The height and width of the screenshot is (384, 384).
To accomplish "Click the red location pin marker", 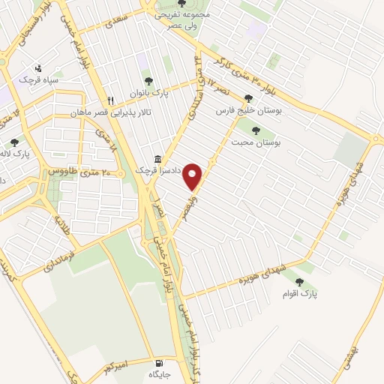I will (193, 175).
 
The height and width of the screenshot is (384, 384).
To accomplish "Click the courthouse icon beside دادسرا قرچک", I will (157, 159).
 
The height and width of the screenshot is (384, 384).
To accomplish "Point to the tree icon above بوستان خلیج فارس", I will (248, 97).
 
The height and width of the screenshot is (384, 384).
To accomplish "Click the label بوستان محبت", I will (256, 142).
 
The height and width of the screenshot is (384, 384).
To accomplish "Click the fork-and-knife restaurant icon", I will (110, 100).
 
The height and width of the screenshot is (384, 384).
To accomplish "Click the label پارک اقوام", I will (300, 294).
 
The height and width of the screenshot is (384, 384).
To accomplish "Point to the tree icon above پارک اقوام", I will (300, 282).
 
